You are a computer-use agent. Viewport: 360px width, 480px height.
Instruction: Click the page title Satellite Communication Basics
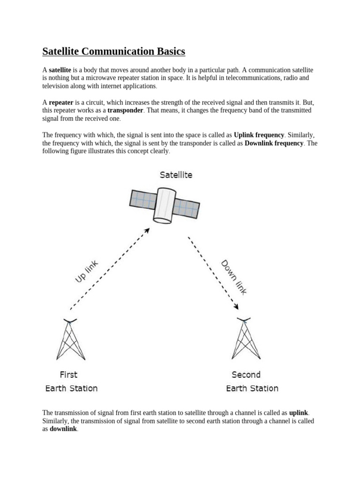(x=114, y=51)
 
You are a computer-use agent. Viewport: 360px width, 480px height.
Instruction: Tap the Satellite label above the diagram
(x=176, y=175)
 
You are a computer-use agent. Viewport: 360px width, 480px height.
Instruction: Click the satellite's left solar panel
(x=143, y=200)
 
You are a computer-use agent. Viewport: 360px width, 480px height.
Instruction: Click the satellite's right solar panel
(x=187, y=207)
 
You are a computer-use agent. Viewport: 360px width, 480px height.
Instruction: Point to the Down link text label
(x=233, y=277)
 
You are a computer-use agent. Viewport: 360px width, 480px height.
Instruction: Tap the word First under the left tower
(x=68, y=375)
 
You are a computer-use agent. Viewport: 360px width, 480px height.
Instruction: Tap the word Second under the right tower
(x=246, y=375)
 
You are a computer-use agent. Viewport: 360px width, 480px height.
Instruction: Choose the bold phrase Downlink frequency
(x=274, y=143)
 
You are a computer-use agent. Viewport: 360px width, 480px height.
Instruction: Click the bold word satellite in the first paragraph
(x=60, y=69)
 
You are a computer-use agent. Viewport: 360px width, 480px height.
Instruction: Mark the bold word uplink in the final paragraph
(x=299, y=413)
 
